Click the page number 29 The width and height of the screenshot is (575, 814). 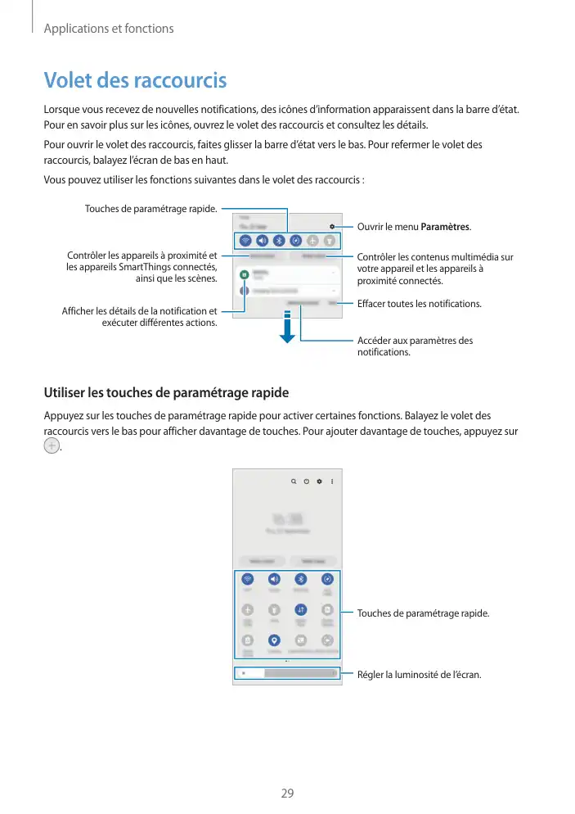(x=287, y=793)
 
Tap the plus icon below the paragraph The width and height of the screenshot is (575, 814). (x=52, y=446)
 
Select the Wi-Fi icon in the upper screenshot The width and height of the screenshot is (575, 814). (x=245, y=241)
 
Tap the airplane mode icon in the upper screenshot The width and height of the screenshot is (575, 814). (x=312, y=241)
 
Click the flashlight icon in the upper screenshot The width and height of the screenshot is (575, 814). (x=329, y=241)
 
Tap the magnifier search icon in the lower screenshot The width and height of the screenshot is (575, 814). (x=293, y=481)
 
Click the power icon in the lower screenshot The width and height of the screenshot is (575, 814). (x=306, y=481)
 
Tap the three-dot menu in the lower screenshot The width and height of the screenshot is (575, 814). (x=332, y=481)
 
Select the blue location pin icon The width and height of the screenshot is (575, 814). (x=274, y=640)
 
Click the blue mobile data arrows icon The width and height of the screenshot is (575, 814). (x=300, y=608)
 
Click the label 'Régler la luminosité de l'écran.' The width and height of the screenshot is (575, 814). (x=420, y=675)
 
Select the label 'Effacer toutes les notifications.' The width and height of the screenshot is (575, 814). (x=420, y=304)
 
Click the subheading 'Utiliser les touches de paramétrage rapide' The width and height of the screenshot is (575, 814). (x=166, y=392)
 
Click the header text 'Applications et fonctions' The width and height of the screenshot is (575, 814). (x=109, y=29)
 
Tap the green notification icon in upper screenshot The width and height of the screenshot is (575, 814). (x=244, y=274)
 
